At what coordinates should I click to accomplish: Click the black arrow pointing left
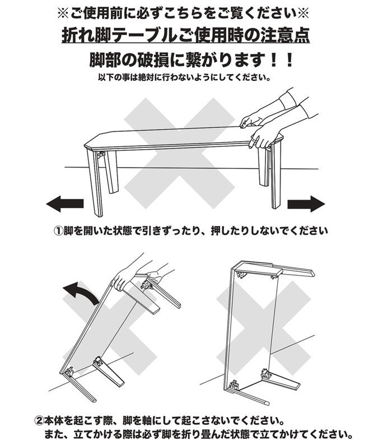click(x=64, y=204)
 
